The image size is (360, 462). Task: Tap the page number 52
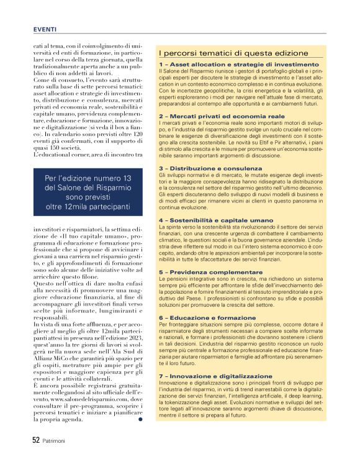click(x=37, y=440)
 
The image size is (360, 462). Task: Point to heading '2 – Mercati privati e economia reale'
click(x=213, y=115)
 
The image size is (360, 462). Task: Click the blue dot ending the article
click(x=140, y=419)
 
